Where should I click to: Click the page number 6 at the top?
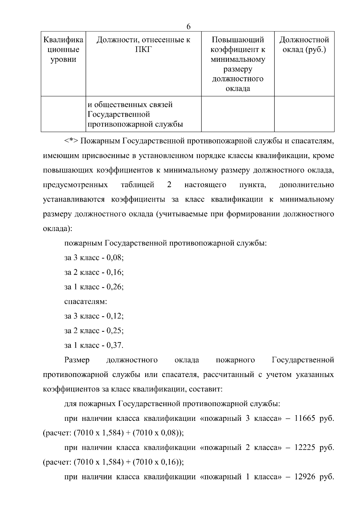coord(188,26)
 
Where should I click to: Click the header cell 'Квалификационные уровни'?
coord(63,49)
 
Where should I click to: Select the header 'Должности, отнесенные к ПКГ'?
coord(143,44)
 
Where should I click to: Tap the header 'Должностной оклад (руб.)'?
coord(304,44)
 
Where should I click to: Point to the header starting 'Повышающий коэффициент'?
coord(238,64)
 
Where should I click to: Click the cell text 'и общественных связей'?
coord(130,105)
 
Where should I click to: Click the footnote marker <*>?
coord(71,141)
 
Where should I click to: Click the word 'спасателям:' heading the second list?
coord(85,301)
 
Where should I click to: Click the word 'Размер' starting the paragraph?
coord(77,360)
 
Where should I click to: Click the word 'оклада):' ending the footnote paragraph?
coord(58,229)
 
